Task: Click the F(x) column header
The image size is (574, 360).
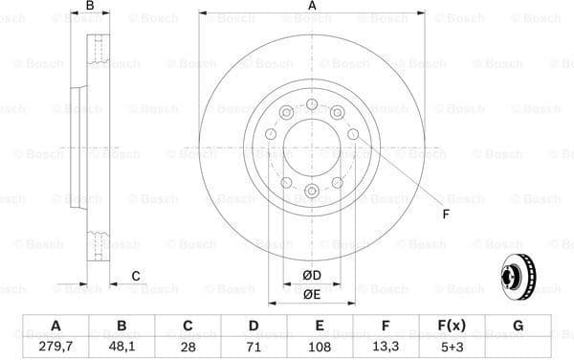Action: (452, 326)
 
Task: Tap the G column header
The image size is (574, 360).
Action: (518, 326)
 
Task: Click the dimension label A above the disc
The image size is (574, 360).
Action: (312, 8)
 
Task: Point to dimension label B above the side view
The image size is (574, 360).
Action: (90, 8)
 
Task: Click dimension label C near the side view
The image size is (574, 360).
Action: (136, 277)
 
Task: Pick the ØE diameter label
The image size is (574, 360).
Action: (311, 295)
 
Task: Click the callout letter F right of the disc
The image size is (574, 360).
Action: (444, 214)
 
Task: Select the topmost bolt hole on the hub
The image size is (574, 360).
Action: (312, 103)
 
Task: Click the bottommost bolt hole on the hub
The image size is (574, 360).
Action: (312, 192)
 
